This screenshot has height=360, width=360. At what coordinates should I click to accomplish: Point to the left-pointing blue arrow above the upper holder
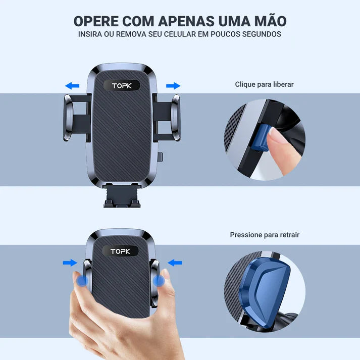pos(72,86)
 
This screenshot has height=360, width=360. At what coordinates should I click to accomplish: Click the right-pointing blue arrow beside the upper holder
pos(173,86)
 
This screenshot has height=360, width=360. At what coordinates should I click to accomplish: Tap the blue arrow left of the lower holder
pos(70,263)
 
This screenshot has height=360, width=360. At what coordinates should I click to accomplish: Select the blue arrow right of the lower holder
pos(175,263)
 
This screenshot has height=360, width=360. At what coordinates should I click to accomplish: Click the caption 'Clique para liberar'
pos(264,84)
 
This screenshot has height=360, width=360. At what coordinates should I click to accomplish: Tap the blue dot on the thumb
pos(82,281)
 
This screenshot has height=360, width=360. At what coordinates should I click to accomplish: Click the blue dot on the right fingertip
pos(160,280)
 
